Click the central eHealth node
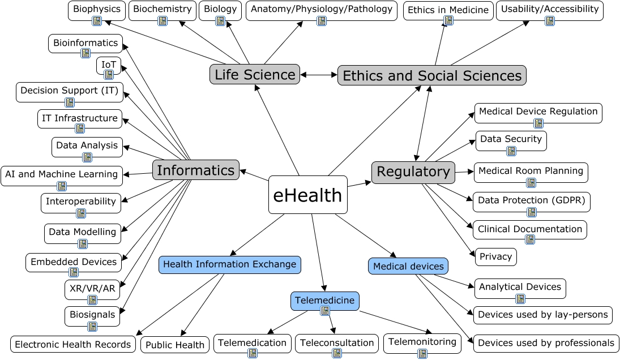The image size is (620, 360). click(x=307, y=195)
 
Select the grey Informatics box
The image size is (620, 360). click(x=195, y=170)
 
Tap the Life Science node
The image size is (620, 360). click(x=255, y=74)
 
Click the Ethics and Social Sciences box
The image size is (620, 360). click(x=432, y=75)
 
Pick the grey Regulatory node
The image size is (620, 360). click(x=413, y=172)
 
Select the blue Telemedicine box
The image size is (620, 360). click(x=324, y=301)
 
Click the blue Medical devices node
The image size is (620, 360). click(x=408, y=266)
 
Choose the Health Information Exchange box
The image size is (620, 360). click(x=229, y=264)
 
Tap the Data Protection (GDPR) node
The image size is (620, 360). click(x=531, y=200)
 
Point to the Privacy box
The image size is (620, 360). click(x=495, y=256)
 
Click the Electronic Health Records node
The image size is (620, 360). click(x=72, y=344)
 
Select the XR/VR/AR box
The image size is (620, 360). click(x=92, y=289)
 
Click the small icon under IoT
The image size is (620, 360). click(x=109, y=74)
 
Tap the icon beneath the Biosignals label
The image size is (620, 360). click(x=92, y=326)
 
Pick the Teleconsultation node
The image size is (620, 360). click(x=337, y=343)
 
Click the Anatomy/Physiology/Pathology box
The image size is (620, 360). click(x=321, y=10)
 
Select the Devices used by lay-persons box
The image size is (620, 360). click(x=542, y=315)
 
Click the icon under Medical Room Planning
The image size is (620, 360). click(x=531, y=182)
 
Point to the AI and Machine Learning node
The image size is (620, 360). click(x=61, y=174)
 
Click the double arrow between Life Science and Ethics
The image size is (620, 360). click(x=319, y=74)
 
